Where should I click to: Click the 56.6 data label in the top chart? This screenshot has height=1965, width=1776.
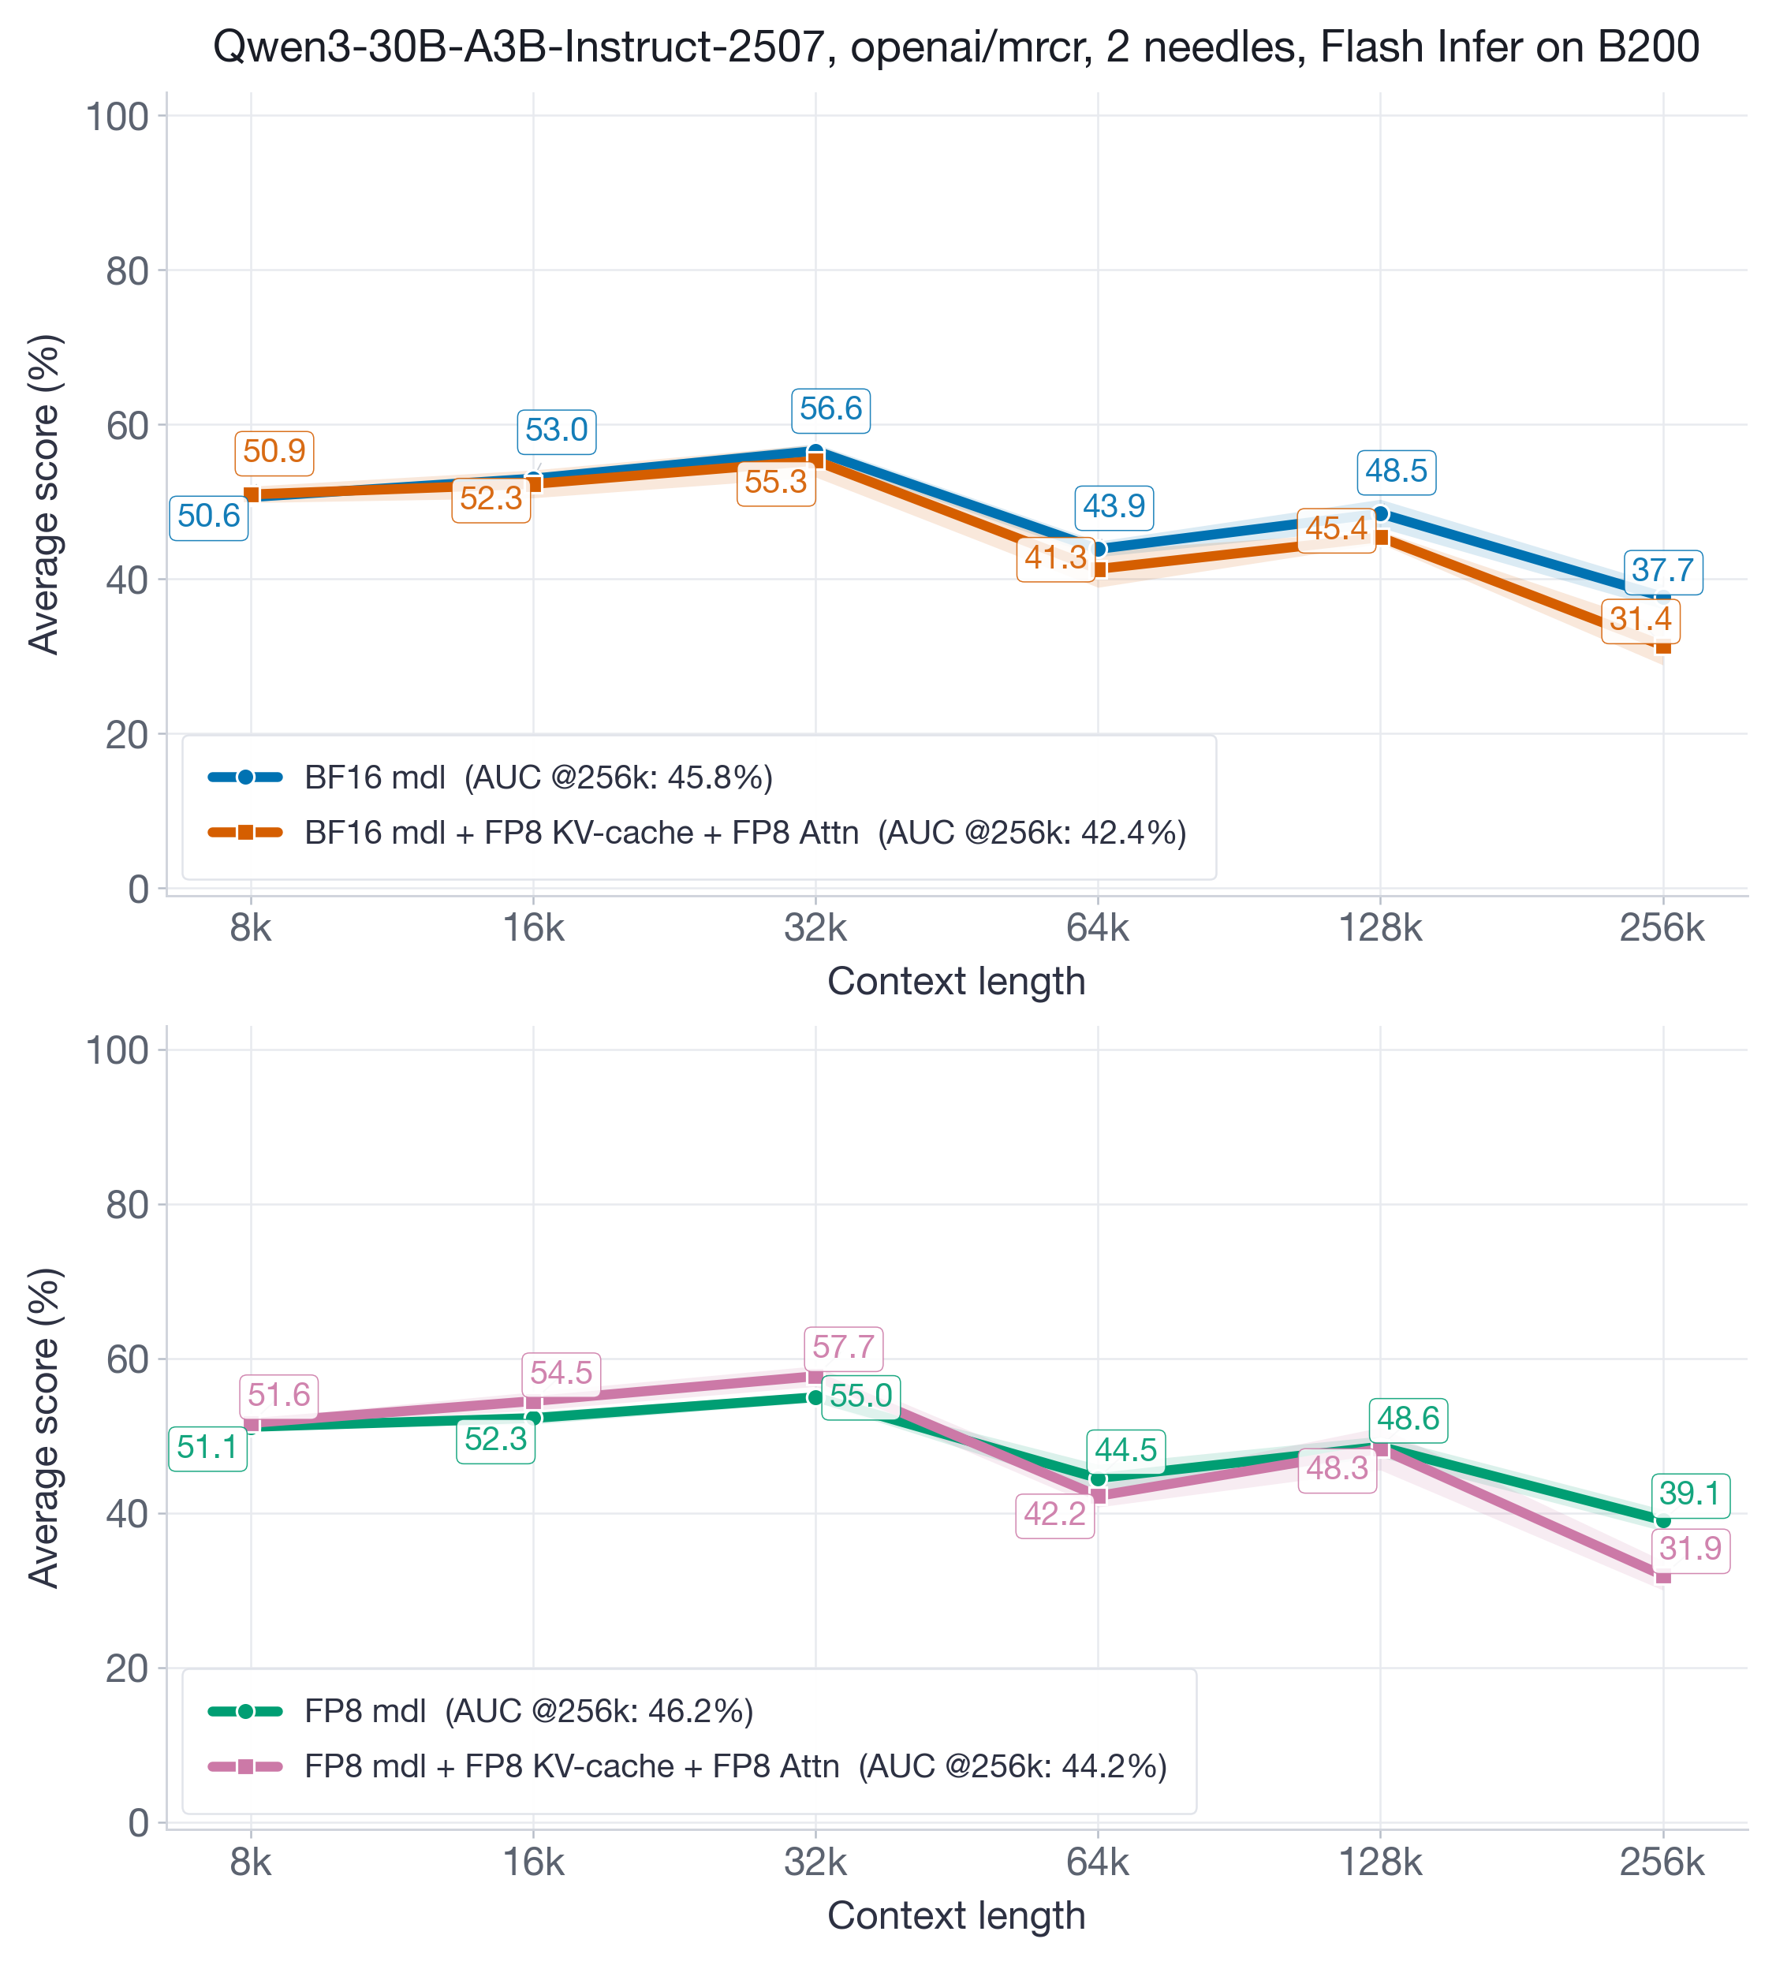830,408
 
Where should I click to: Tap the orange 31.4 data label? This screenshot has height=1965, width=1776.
1640,619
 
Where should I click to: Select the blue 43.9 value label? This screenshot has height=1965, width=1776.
1114,507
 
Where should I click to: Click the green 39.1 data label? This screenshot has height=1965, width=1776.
1689,1493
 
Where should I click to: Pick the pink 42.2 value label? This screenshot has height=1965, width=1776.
1054,1514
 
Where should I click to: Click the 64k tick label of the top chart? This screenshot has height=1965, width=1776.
1098,929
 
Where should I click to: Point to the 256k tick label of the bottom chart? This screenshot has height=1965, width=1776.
1662,1862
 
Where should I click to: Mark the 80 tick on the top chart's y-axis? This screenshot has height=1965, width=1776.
127,271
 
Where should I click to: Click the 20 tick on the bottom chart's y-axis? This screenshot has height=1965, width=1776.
127,1669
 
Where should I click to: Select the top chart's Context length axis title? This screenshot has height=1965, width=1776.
955,982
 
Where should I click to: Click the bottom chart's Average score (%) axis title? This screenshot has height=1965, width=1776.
44,1428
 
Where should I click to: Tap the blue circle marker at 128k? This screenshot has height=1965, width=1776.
1380,513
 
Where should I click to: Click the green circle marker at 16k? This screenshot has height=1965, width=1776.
533,1417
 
